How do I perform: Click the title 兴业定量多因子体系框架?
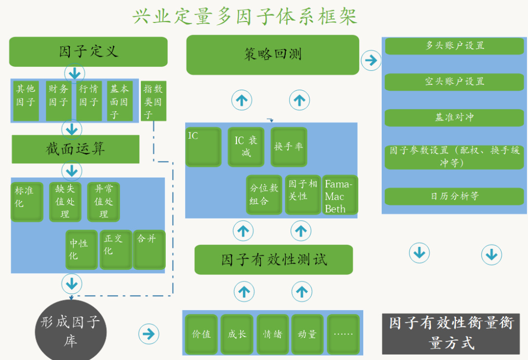coord(245,16)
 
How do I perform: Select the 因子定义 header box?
coord(88,52)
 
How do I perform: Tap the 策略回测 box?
coord(273,55)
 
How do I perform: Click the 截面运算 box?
coord(76,149)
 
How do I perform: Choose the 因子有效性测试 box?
coord(274,260)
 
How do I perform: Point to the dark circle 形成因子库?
coord(71,329)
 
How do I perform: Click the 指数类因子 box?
coord(154,101)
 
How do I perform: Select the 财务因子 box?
coord(58,101)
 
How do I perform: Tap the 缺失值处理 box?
coord(65,201)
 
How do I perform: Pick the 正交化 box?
coord(116,249)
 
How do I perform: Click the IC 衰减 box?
coord(246,146)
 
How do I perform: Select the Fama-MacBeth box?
coord(340,196)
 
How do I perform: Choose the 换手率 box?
coord(289,146)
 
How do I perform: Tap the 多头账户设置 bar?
coord(454,46)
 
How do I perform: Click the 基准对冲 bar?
coord(454,118)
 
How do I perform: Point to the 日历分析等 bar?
coord(454,196)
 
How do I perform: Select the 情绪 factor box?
coord(273,334)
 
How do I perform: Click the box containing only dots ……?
coord(343,334)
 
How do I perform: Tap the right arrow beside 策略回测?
coord(371,60)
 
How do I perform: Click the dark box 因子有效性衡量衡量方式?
coord(451,334)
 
